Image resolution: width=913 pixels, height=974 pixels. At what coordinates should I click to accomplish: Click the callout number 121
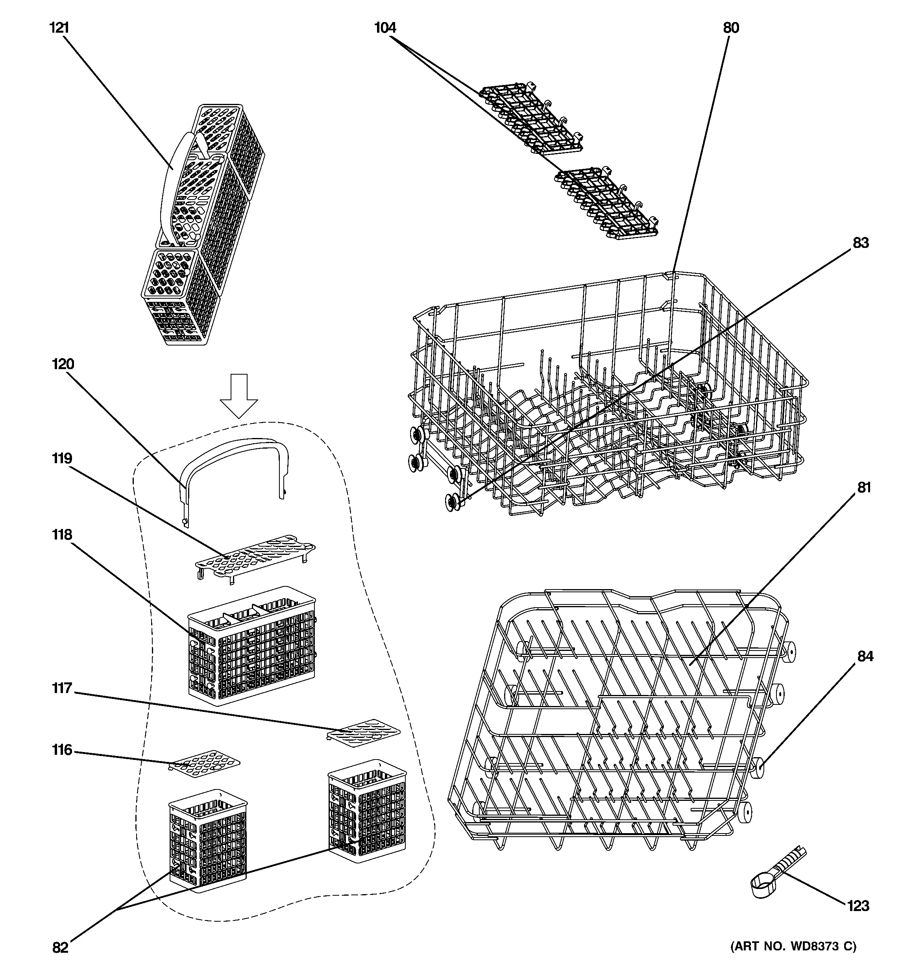(x=59, y=28)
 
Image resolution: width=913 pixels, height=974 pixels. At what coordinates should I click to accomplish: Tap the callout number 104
(x=385, y=28)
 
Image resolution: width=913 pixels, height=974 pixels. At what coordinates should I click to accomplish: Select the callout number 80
(x=731, y=28)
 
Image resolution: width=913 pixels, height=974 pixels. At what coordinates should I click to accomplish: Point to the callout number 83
(x=861, y=243)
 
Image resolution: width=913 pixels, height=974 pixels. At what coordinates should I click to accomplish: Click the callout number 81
(x=864, y=488)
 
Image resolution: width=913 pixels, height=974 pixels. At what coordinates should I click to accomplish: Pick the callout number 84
(x=865, y=656)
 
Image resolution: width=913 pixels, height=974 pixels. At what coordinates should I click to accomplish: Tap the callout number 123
(x=858, y=906)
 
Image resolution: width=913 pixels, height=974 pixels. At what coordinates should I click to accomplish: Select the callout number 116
(x=62, y=750)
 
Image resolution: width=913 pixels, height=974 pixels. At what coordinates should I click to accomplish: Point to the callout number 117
(x=62, y=688)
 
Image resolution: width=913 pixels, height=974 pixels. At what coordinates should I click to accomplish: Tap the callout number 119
(x=62, y=458)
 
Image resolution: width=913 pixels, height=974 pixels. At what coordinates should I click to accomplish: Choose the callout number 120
(x=63, y=364)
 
